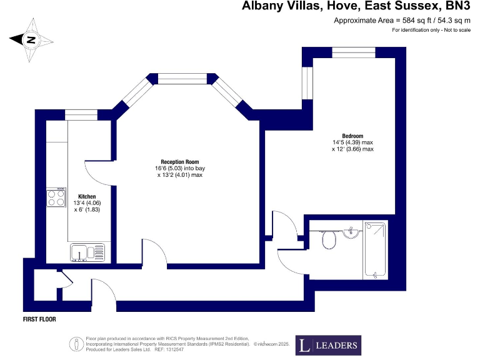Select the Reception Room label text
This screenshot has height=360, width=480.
coord(179,161)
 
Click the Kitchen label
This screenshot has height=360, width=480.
coord(87,196)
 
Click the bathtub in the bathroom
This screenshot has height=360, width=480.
coord(375,249)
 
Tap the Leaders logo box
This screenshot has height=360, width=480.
coord(328,344)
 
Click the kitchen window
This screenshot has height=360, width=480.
coord(81,115)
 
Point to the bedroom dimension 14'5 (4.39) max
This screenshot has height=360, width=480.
coord(353,142)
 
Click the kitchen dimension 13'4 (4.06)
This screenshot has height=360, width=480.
coord(87,202)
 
